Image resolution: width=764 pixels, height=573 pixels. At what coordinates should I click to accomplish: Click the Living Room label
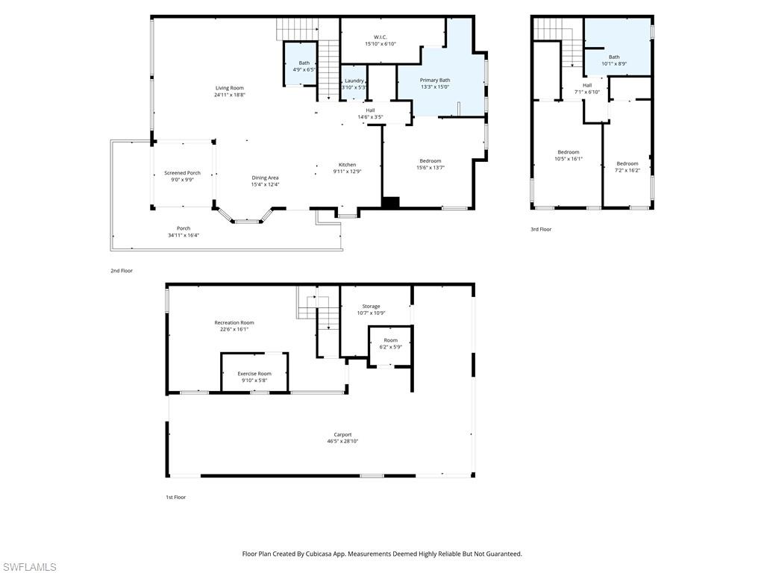[x=229, y=88]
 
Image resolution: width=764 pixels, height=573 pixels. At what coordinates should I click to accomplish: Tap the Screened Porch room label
[x=182, y=173]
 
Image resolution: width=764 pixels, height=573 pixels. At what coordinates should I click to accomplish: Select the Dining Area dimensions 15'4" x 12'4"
[x=265, y=184]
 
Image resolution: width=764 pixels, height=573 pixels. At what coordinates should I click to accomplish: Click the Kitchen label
[x=347, y=165]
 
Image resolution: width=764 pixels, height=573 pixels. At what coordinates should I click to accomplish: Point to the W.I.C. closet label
[x=380, y=37]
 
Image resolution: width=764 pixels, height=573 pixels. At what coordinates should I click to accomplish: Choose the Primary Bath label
[x=434, y=80]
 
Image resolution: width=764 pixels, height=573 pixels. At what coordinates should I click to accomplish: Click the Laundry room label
[x=354, y=81]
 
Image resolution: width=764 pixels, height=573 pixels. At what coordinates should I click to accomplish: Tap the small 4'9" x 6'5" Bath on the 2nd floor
[x=304, y=66]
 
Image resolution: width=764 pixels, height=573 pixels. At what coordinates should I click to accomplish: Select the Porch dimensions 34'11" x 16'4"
[x=183, y=235]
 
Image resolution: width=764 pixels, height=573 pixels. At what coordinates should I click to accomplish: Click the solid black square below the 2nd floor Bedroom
[x=390, y=201]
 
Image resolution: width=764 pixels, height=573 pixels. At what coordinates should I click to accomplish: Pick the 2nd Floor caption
[x=122, y=271]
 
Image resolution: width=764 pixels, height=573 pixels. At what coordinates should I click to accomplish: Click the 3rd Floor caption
[x=541, y=230]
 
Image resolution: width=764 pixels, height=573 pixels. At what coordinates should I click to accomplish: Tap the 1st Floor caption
[x=175, y=497]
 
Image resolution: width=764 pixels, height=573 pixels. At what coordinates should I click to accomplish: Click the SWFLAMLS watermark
[x=28, y=567]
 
